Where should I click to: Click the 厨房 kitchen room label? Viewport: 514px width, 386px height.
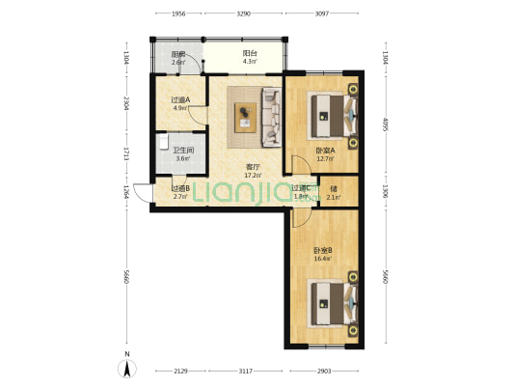coord(178,55)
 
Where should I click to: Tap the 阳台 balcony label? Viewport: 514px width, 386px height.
coord(249,55)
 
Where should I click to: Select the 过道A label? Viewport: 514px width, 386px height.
coord(180,99)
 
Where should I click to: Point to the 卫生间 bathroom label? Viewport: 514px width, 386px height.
coord(183,150)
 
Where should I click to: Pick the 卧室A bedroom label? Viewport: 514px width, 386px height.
coord(325,150)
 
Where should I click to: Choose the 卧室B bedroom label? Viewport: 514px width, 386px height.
coord(322,250)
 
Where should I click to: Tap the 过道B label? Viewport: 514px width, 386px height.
coord(180,188)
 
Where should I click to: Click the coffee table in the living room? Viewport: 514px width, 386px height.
coord(246,116)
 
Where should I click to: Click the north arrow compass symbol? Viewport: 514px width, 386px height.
coord(125,367)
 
